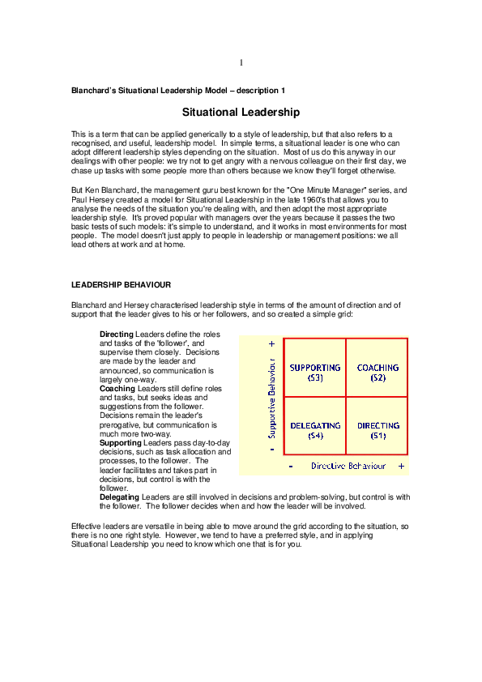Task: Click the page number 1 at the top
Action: tap(241, 63)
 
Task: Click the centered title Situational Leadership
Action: tap(241, 113)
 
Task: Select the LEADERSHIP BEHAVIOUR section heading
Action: tap(121, 285)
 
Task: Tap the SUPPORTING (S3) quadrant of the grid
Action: tap(315, 372)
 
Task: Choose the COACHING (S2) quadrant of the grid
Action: tap(377, 372)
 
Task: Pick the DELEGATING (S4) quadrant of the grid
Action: tap(315, 430)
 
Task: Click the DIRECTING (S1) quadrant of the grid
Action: tap(377, 430)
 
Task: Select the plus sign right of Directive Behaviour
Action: tap(401, 467)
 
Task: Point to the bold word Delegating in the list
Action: tap(119, 497)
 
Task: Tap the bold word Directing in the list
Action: tap(117, 334)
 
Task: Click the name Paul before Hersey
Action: tap(80, 199)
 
